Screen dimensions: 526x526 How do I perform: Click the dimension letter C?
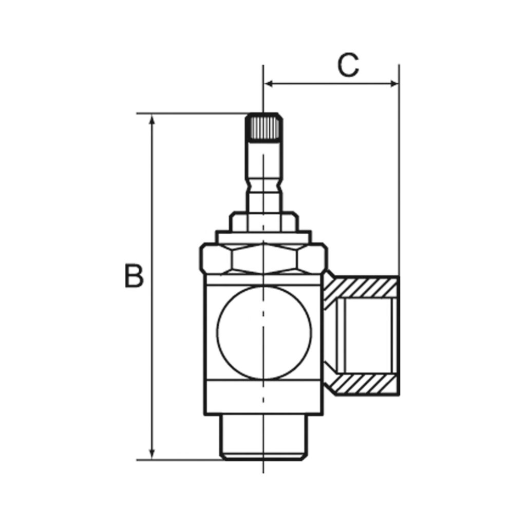348,66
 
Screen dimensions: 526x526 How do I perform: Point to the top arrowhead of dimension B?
152,120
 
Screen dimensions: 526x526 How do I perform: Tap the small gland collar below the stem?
263,220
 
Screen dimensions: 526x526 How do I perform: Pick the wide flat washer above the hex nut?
263,236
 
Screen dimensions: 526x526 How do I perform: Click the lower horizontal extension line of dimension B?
180,459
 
